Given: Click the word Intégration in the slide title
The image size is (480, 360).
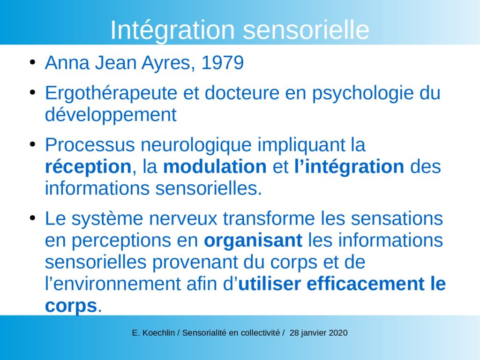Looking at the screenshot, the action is (172, 30).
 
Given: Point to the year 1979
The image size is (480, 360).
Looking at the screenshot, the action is (223, 63).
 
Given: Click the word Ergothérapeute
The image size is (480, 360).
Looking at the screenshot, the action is (111, 93).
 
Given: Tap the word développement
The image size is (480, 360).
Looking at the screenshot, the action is (111, 115).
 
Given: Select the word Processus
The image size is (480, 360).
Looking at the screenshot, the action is (90, 145).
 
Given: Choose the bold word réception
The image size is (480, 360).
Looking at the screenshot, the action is (88, 167).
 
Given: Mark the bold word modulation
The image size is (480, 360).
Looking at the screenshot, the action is (215, 167).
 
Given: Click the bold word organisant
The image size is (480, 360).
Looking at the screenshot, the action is (253, 240).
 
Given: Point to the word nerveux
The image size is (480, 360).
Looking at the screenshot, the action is (183, 219).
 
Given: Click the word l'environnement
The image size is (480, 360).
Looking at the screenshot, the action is (113, 284).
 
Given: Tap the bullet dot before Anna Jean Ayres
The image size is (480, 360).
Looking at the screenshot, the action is (32, 62).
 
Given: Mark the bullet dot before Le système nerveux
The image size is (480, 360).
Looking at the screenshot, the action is (32, 218).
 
